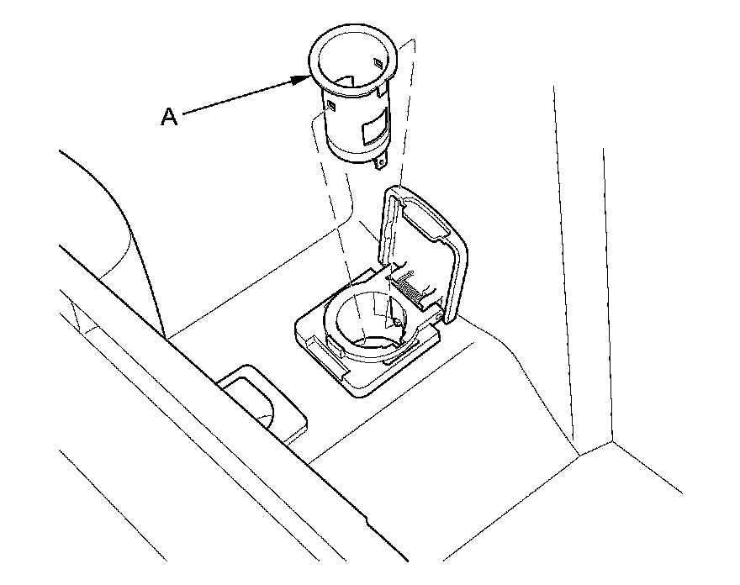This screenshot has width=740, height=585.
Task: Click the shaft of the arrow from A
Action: (x=240, y=97)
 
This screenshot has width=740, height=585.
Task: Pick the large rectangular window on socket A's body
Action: (x=371, y=130)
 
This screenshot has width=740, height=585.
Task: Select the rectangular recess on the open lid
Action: (x=426, y=220)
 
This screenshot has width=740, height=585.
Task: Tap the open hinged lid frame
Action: (x=454, y=252)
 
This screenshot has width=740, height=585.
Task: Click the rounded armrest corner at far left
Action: (x=109, y=202)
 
